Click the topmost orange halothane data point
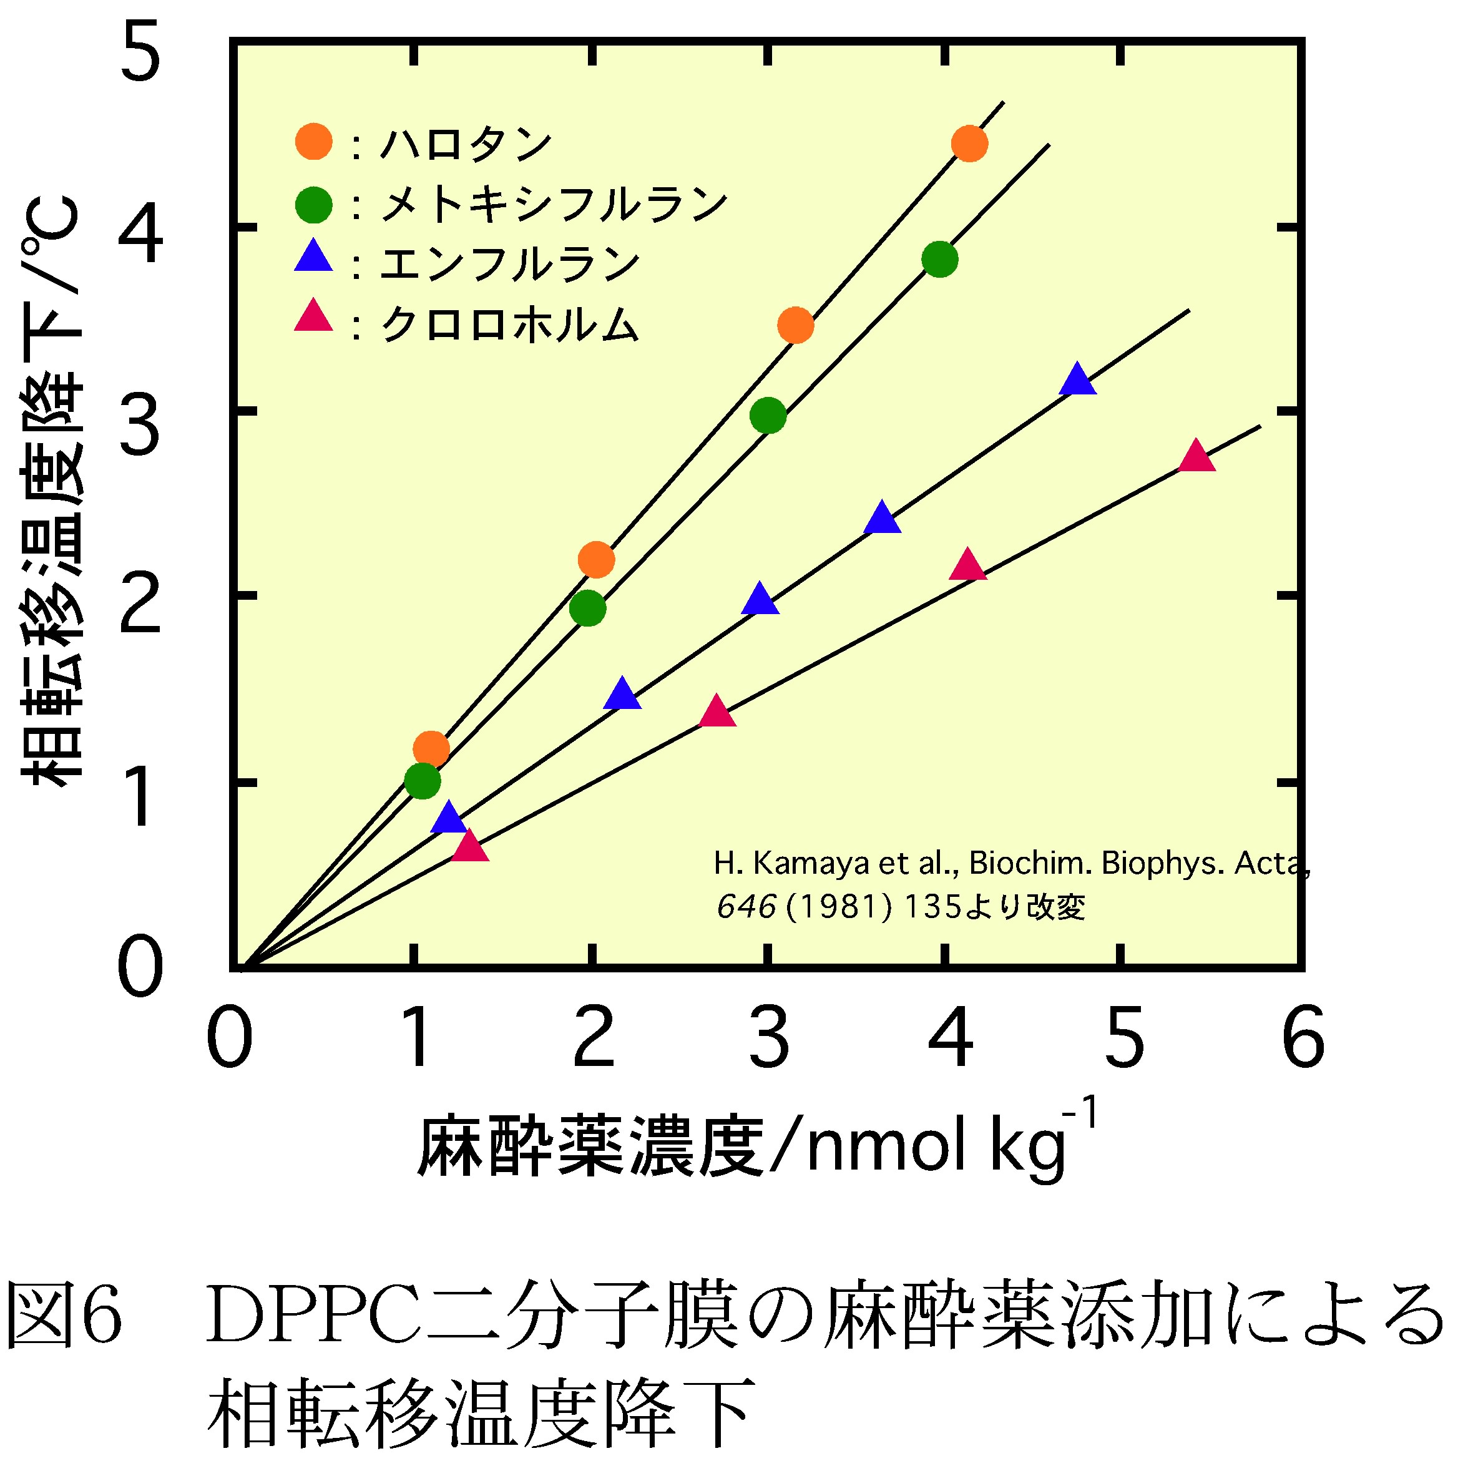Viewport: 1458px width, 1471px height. [969, 143]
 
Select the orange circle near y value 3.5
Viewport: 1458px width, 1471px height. [795, 326]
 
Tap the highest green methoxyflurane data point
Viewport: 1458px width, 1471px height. [939, 260]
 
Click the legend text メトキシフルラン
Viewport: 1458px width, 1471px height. [554, 204]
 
